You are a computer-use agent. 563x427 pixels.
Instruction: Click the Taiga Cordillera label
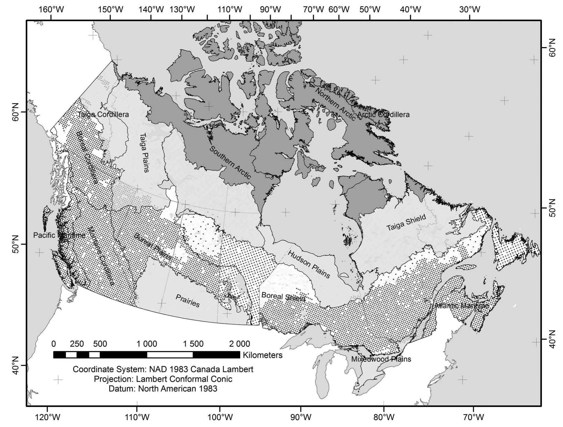[x=103, y=115]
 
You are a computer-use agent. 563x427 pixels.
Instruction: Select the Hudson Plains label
[x=309, y=264]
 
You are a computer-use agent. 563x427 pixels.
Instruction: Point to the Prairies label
[x=188, y=301]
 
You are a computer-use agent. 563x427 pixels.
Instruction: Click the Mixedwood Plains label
[x=381, y=359]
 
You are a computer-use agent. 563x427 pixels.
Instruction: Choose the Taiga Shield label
[x=406, y=223]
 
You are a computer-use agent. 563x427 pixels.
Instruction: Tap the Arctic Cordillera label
[x=383, y=115]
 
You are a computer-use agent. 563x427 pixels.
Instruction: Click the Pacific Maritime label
[x=59, y=235]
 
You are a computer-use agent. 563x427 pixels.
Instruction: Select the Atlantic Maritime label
[x=461, y=306]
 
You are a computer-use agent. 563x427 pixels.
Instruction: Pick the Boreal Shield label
[x=283, y=297]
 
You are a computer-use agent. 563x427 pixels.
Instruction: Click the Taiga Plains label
[x=144, y=152]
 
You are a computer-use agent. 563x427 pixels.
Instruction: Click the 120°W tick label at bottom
[x=48, y=417]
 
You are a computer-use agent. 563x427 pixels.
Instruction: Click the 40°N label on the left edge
[x=16, y=366]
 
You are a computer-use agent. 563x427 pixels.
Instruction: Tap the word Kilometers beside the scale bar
[x=262, y=355]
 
